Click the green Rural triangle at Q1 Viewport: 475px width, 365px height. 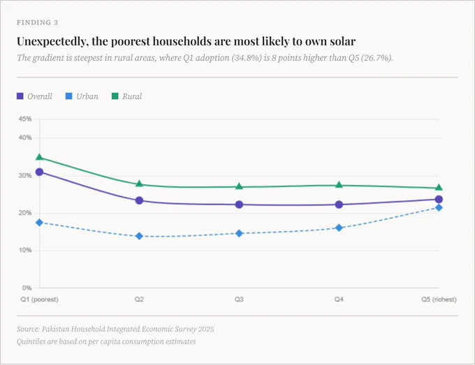(x=39, y=157)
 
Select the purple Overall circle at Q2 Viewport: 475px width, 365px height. (x=139, y=200)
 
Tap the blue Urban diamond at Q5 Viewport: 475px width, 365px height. (x=439, y=207)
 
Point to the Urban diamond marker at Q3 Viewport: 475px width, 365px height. (x=239, y=233)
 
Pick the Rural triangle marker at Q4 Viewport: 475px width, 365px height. (x=339, y=185)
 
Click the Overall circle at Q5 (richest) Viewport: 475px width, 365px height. (x=439, y=199)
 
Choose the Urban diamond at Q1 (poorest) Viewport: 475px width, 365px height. (x=39, y=223)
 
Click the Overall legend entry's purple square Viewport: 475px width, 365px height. (x=20, y=96)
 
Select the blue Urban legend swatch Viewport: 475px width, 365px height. (x=68, y=96)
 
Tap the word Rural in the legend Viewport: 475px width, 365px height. (x=132, y=96)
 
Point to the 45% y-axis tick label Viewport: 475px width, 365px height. (x=25, y=119)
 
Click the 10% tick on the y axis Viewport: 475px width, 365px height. (x=25, y=251)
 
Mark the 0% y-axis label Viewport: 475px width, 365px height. (x=27, y=288)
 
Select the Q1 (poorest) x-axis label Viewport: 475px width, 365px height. (x=39, y=299)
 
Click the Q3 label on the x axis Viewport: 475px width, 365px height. (x=239, y=299)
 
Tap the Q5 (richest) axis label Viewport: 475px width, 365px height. (x=439, y=299)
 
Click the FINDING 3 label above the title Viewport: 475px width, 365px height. (x=37, y=22)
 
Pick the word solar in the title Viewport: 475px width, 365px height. (x=342, y=41)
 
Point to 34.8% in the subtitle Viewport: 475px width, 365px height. (x=247, y=57)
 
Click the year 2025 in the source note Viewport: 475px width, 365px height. (x=206, y=329)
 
